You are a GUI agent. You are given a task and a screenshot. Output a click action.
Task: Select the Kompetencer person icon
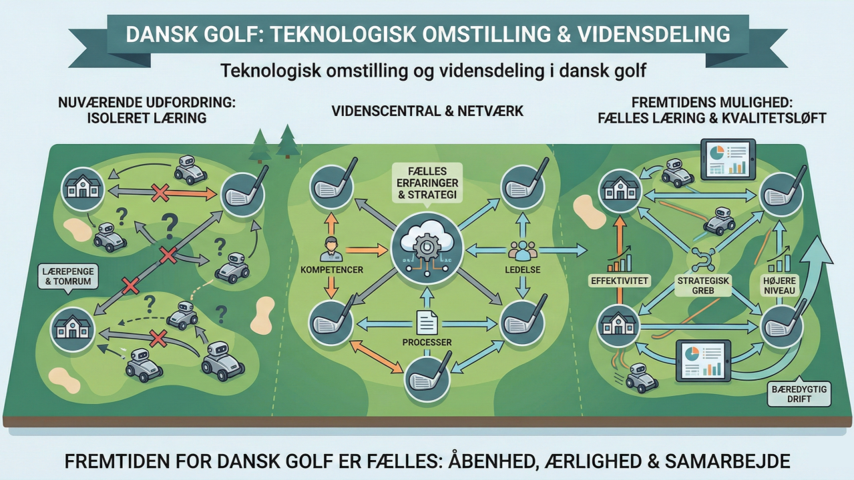pyautogui.click(x=331, y=248)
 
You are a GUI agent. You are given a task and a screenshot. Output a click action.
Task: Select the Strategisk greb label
pyautogui.click(x=697, y=285)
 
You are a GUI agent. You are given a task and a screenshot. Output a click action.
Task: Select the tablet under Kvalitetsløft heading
pyautogui.click(x=726, y=159)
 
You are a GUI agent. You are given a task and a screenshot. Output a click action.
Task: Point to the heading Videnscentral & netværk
pyautogui.click(x=427, y=111)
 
